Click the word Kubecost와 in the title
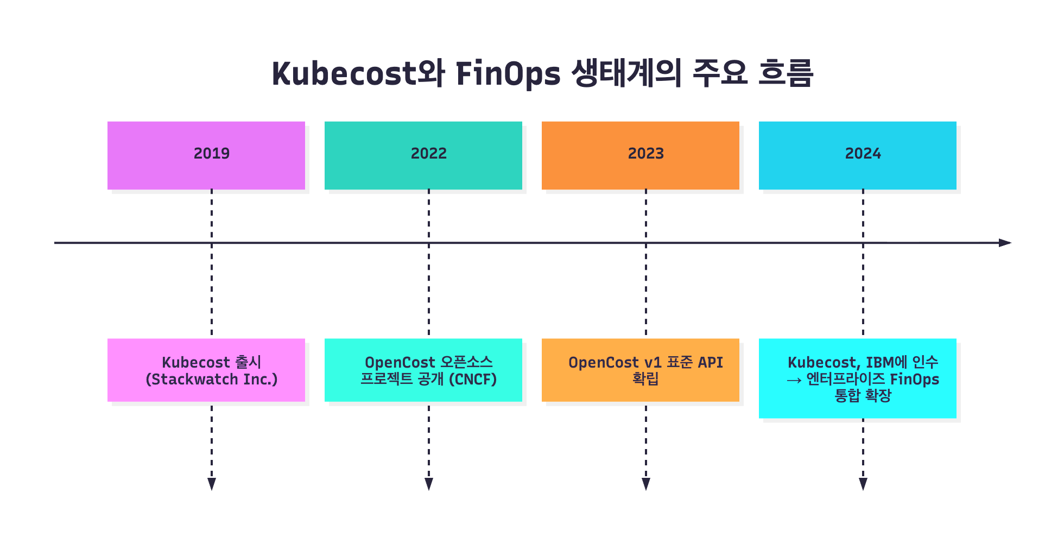click(358, 74)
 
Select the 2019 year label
click(212, 154)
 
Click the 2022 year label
click(429, 154)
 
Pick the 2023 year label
click(646, 154)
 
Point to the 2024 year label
click(863, 154)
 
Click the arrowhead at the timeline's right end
click(1005, 243)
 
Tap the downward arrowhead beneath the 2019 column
click(212, 484)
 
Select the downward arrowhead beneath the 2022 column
click(429, 484)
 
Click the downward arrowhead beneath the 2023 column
click(646, 484)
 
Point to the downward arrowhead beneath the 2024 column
click(863, 484)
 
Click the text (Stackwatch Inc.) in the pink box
click(212, 379)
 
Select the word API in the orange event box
click(711, 362)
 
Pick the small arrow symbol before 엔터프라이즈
click(794, 380)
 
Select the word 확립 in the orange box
click(646, 378)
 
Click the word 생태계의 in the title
click(627, 73)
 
